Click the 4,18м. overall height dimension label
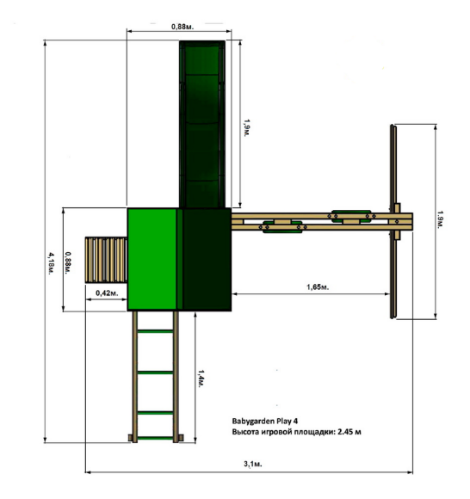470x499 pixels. (51, 263)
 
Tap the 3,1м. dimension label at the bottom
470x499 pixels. (253, 464)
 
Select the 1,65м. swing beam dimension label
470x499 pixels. (318, 287)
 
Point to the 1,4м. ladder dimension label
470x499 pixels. (201, 379)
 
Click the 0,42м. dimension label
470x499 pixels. (107, 293)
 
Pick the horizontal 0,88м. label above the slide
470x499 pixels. (182, 27)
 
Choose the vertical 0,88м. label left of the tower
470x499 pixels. (68, 263)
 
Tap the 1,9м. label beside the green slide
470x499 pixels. (247, 128)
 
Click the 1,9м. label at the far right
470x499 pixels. (440, 219)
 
